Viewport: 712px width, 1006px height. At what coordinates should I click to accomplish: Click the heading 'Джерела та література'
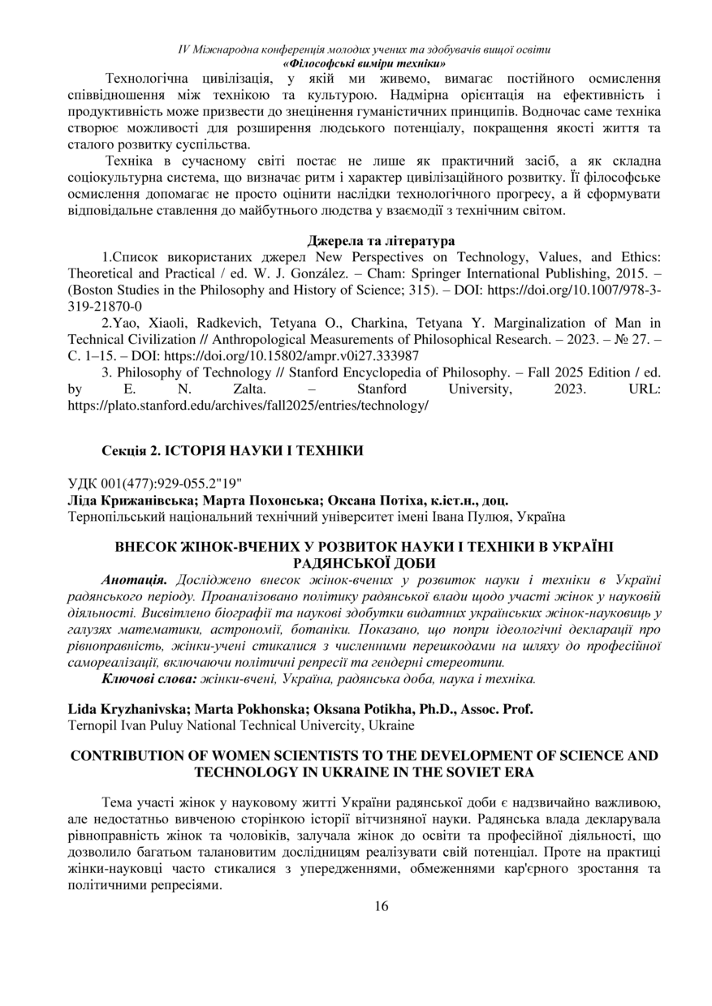[x=381, y=241]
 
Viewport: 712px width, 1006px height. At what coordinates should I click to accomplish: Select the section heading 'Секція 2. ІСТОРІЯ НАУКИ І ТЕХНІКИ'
[x=233, y=449]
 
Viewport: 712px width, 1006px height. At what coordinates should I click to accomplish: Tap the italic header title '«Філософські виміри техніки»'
[x=364, y=62]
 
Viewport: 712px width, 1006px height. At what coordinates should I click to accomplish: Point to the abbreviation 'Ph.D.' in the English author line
[x=425, y=709]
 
